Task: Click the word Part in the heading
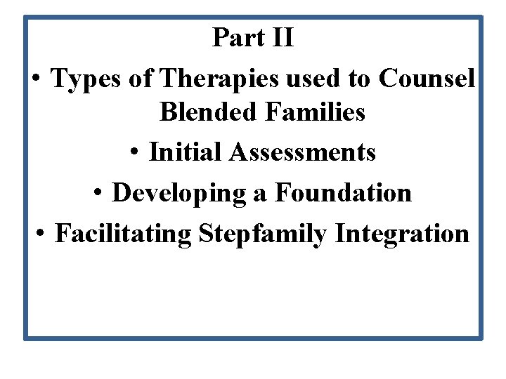pos(238,37)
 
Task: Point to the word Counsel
pos(427,79)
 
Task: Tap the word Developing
pos(179,192)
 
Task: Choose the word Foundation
pos(343,192)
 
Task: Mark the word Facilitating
pos(123,233)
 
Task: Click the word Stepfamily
pos(264,233)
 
